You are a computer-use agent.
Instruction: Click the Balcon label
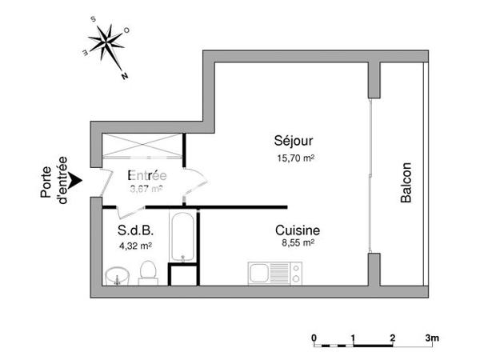(x=406, y=184)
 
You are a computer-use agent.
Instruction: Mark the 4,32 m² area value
(x=135, y=246)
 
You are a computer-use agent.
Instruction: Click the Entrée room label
(x=146, y=175)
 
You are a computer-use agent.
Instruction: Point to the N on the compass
(x=126, y=78)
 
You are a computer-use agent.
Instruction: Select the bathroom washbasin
(x=117, y=277)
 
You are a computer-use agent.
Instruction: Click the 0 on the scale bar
(x=314, y=338)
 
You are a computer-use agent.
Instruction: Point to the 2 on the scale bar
(x=392, y=338)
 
